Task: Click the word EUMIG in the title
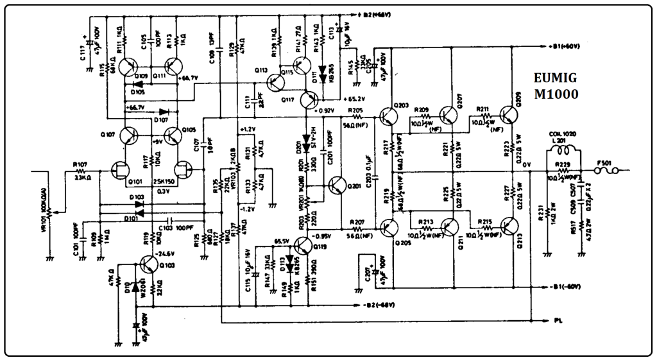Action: coord(555,78)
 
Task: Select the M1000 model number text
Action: coord(556,94)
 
